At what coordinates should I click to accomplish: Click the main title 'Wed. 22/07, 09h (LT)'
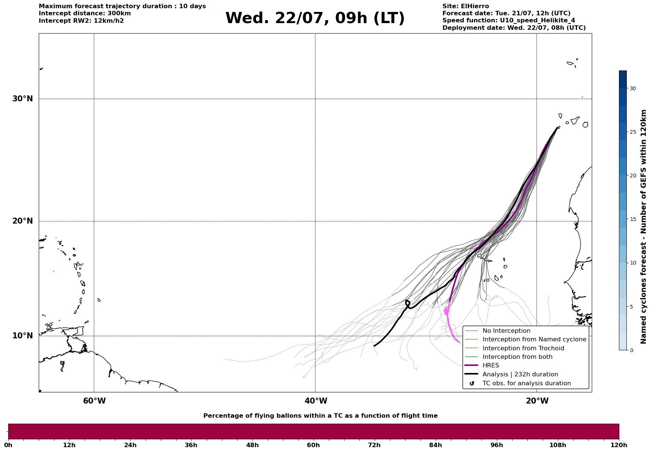[x=315, y=18]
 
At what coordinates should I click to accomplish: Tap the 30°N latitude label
[x=23, y=99]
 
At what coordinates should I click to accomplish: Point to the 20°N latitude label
[x=23, y=221]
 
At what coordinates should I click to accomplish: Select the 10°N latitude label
[x=23, y=336]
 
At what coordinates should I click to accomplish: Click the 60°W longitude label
[x=94, y=401]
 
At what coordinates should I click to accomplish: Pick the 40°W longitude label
[x=316, y=401]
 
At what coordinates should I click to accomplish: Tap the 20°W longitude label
[x=537, y=401]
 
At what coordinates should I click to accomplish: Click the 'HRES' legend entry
[x=491, y=366]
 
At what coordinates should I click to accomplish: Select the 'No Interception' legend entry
[x=506, y=331]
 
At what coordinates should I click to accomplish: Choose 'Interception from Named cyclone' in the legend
[x=534, y=339]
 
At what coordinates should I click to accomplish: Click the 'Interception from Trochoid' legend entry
[x=523, y=348]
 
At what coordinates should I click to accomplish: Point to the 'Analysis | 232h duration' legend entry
[x=520, y=374]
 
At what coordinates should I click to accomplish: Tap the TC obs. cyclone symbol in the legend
[x=472, y=383]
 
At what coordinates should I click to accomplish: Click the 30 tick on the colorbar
[x=633, y=88]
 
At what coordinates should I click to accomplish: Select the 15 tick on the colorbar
[x=633, y=219]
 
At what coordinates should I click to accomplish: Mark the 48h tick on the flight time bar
[x=252, y=445]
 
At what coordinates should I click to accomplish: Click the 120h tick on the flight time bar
[x=619, y=445]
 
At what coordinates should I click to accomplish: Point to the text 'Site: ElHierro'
[x=466, y=6]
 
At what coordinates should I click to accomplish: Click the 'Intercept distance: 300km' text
[x=85, y=13]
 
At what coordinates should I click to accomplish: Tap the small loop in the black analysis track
[x=407, y=303]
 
